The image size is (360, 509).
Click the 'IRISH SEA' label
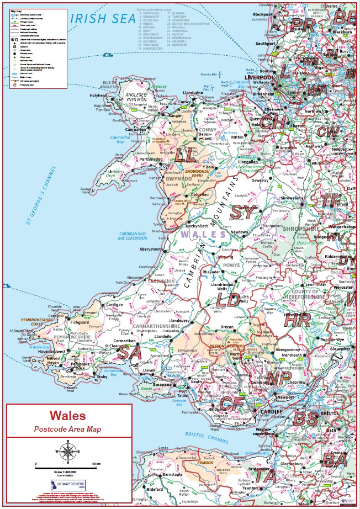pyautogui.click(x=103, y=19)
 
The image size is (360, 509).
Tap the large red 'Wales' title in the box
pyautogui.click(x=68, y=416)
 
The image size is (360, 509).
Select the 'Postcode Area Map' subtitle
pyautogui.click(x=68, y=428)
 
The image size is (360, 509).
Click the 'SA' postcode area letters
pyautogui.click(x=131, y=351)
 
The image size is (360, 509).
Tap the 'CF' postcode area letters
pyautogui.click(x=230, y=404)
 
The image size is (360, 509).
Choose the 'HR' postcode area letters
pyautogui.click(x=297, y=320)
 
